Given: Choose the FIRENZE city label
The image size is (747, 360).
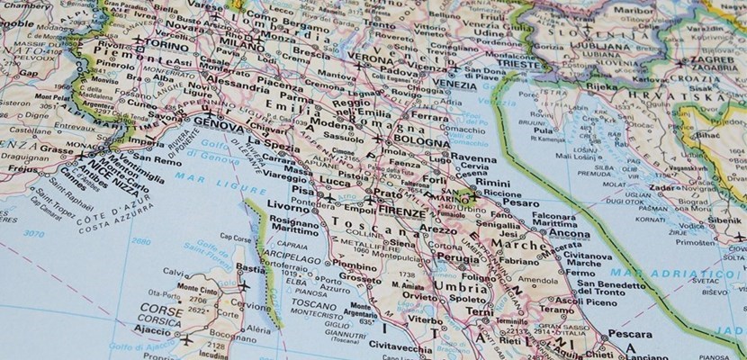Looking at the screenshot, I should point(402,211).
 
